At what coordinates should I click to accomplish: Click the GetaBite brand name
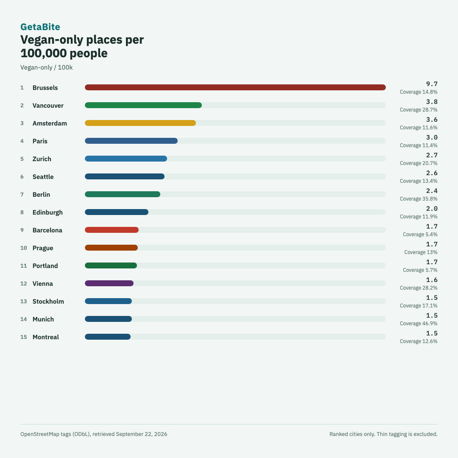pyautogui.click(x=40, y=27)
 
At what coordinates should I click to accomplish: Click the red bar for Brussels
pyautogui.click(x=235, y=87)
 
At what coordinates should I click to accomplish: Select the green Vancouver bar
pyautogui.click(x=143, y=105)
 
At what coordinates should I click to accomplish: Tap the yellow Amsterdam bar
pyautogui.click(x=140, y=123)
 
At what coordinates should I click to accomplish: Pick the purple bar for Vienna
pyautogui.click(x=109, y=283)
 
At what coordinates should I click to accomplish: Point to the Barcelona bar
pyautogui.click(x=112, y=230)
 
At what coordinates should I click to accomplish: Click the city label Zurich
pyautogui.click(x=42, y=159)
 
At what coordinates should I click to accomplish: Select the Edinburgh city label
pyautogui.click(x=47, y=212)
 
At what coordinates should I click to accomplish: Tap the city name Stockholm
pyautogui.click(x=48, y=302)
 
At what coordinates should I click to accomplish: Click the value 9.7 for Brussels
pyautogui.click(x=432, y=84)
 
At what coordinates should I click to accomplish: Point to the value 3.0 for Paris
pyautogui.click(x=432, y=137)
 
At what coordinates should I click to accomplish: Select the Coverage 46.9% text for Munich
pyautogui.click(x=419, y=323)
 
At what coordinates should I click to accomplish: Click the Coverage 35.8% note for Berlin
pyautogui.click(x=419, y=198)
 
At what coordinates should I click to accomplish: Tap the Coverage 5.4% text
pyautogui.click(x=420, y=234)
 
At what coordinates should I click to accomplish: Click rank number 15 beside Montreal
pyautogui.click(x=24, y=337)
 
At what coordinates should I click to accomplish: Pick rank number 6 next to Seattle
pyautogui.click(x=22, y=177)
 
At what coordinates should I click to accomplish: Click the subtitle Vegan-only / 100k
pyautogui.click(x=47, y=67)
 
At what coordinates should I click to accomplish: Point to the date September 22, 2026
pyautogui.click(x=141, y=434)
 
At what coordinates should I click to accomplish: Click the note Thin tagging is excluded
pyautogui.click(x=407, y=434)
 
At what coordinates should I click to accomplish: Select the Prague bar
pyautogui.click(x=111, y=248)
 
